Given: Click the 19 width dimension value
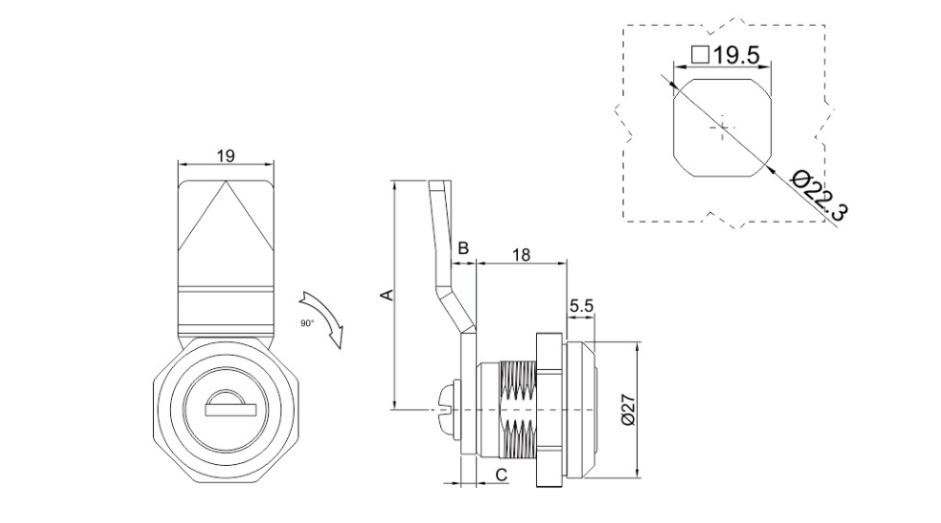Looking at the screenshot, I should point(225,155).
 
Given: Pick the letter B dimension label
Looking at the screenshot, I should point(463,248).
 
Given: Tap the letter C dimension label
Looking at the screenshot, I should point(501,473).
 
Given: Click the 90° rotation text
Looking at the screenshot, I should point(307,323).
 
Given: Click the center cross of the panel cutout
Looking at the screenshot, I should point(721,126).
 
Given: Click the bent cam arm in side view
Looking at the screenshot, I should point(445,257).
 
